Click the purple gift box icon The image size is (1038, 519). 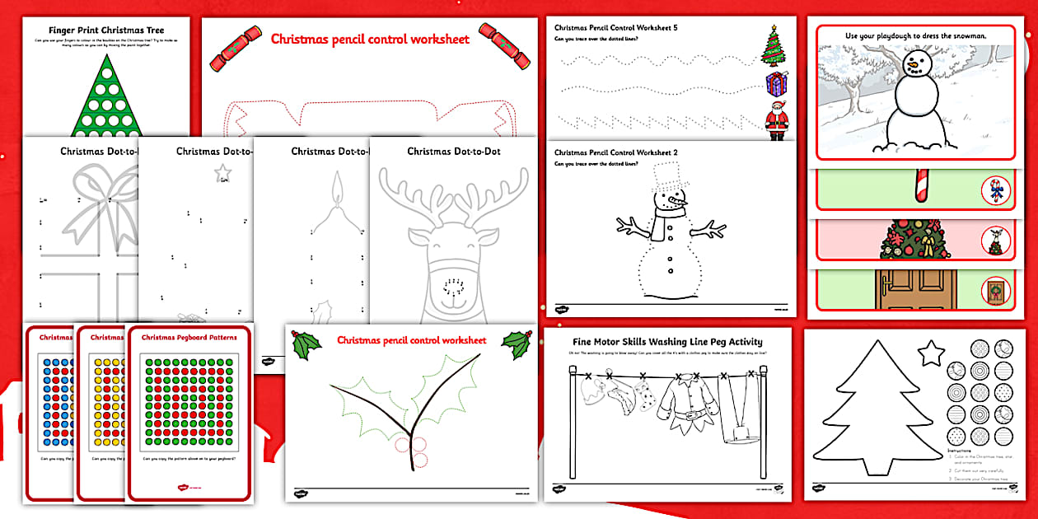[774, 84]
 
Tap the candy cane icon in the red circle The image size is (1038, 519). [996, 192]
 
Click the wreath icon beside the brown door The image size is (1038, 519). [996, 292]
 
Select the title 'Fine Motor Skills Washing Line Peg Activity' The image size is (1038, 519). [667, 342]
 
